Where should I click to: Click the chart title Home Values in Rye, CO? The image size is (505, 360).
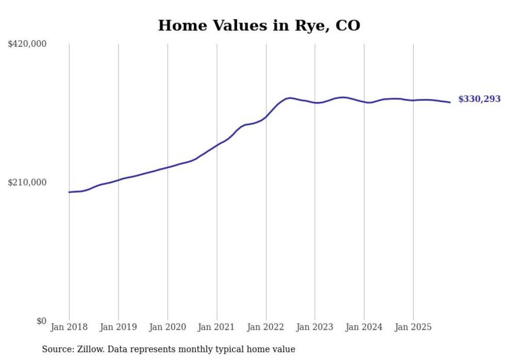[259, 25]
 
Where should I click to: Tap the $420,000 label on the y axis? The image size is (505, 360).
[27, 44]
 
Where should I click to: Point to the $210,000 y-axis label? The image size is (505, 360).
[27, 182]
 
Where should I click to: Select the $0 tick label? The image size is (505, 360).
[41, 321]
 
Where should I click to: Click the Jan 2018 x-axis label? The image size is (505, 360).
[69, 327]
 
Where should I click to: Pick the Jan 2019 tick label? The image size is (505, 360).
[118, 327]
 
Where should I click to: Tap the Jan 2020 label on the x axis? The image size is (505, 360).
[167, 327]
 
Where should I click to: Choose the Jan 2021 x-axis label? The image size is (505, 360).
[216, 327]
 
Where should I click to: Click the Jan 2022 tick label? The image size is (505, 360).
[266, 327]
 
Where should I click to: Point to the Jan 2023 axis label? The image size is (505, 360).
[315, 327]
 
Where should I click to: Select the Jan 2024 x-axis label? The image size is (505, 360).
[364, 327]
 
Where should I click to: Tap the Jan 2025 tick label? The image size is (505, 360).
[413, 327]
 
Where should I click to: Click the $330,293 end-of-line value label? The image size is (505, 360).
[479, 99]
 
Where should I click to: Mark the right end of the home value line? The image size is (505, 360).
[450, 102]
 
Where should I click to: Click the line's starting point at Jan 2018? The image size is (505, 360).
[69, 192]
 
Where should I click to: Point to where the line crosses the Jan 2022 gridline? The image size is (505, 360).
[266, 117]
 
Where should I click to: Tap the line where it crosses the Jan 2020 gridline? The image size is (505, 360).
[167, 167]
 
